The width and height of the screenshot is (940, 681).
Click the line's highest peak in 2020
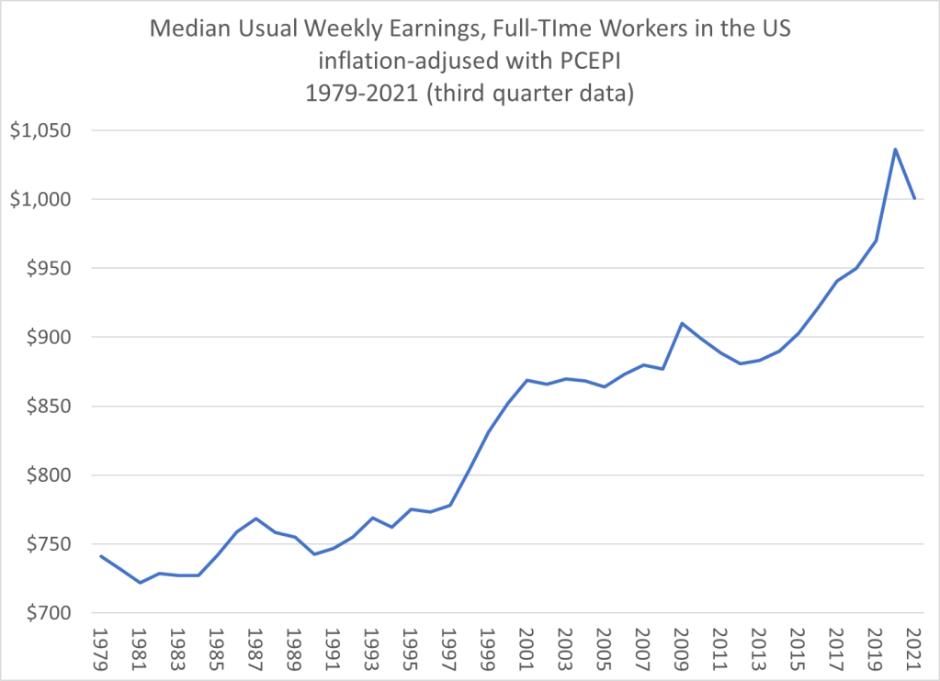click(x=895, y=149)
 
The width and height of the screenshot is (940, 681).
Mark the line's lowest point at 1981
click(x=140, y=583)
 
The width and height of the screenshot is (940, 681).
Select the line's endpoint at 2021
click(x=914, y=198)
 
